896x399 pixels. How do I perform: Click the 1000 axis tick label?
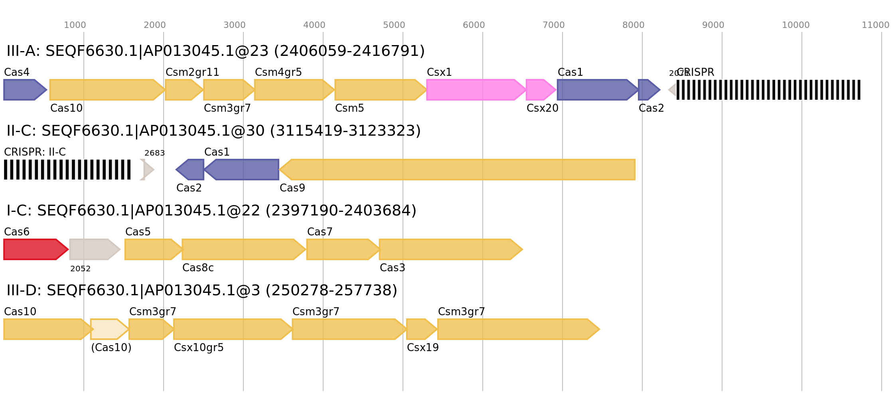pyautogui.click(x=75, y=25)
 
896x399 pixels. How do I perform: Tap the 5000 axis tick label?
pyautogui.click(x=394, y=25)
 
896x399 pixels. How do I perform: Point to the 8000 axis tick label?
pyautogui.click(x=633, y=25)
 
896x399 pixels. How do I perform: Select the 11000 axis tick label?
pyautogui.click(x=875, y=25)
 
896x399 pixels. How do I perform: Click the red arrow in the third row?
pyautogui.click(x=34, y=249)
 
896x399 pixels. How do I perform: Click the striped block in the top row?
pyautogui.click(x=768, y=90)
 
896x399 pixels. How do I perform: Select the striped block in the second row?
pyautogui.click(x=67, y=170)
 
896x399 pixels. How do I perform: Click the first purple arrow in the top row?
pyautogui.click(x=24, y=90)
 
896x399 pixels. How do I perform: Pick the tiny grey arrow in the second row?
pyautogui.click(x=147, y=170)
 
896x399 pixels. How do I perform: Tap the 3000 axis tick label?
pyautogui.click(x=234, y=25)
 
